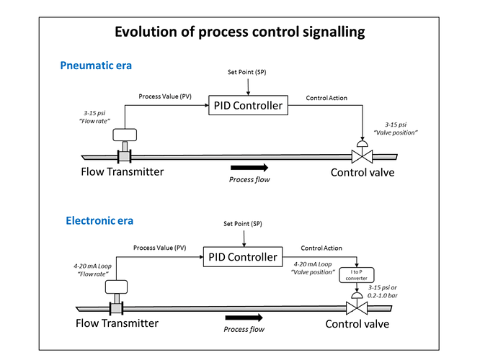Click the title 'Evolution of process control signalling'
240,32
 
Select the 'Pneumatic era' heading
96,66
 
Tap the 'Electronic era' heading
99,220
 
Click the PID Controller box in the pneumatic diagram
248,105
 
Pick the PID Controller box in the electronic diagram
243,256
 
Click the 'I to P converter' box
356,275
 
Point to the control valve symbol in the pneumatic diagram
362,152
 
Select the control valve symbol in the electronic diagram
357,303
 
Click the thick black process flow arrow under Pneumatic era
249,168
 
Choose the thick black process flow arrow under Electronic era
244,318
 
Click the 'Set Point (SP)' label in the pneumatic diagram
246,72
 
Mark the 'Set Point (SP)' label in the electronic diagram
243,224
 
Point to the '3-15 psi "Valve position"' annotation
396,128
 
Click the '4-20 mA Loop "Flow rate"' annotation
92,270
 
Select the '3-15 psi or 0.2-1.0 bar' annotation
383,292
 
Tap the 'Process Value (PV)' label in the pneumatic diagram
165,96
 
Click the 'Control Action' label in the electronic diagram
321,248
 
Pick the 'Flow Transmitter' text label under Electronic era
117,323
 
